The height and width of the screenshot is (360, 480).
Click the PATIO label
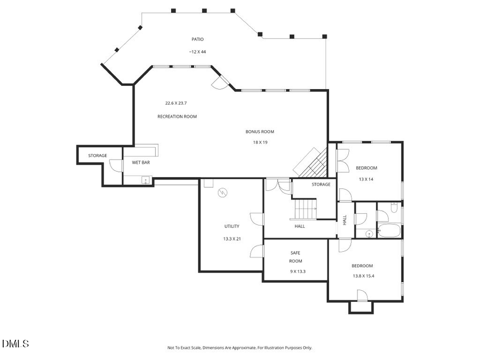[197, 39]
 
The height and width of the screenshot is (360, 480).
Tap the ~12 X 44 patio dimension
[197, 52]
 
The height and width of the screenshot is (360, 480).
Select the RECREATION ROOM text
[177, 116]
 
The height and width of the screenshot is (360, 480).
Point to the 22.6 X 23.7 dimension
[177, 103]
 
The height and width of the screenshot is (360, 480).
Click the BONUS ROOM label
[260, 131]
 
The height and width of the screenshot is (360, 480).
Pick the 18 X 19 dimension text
[260, 142]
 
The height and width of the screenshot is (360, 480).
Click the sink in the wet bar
[145, 180]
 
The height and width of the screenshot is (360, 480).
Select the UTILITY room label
[232, 226]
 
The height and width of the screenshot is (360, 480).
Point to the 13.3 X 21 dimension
[232, 238]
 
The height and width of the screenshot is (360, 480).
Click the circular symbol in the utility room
[222, 193]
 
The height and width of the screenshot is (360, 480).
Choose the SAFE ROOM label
[296, 257]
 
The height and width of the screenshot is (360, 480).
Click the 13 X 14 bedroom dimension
[366, 179]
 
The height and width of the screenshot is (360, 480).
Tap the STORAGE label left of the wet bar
[98, 155]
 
